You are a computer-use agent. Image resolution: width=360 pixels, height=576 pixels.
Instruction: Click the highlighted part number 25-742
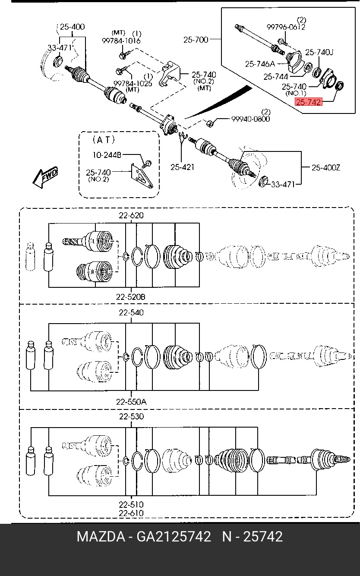pyautogui.click(x=308, y=103)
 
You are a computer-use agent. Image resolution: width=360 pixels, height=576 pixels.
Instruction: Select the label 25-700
pyautogui.click(x=196, y=40)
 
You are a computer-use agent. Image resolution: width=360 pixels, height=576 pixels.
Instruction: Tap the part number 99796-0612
pyautogui.click(x=286, y=27)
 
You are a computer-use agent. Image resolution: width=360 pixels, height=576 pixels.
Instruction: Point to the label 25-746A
pyautogui.click(x=260, y=64)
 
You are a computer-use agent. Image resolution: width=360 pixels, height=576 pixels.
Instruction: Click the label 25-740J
pyautogui.click(x=319, y=53)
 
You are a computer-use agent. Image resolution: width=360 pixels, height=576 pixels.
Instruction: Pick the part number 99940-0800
pyautogui.click(x=250, y=119)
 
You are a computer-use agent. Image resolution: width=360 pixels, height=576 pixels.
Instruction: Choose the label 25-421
pyautogui.click(x=182, y=167)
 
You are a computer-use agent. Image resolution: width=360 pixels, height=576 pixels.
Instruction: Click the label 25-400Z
pyautogui.click(x=326, y=167)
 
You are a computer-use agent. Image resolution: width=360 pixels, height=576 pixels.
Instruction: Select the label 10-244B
pyautogui.click(x=107, y=154)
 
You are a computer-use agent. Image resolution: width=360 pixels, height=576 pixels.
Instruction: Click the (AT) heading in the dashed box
pyautogui.click(x=104, y=139)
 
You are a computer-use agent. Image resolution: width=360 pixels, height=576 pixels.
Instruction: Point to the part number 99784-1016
pyautogui.click(x=121, y=41)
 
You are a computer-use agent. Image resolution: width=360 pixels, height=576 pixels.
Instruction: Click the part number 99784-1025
pyautogui.click(x=133, y=83)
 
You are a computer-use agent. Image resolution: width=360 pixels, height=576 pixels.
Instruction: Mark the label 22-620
pyautogui.click(x=131, y=216)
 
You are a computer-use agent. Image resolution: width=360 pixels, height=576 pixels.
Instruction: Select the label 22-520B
pyautogui.click(x=130, y=297)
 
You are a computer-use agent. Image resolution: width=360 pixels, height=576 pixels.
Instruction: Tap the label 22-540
pyautogui.click(x=131, y=313)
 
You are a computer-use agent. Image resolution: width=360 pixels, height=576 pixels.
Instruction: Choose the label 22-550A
pyautogui.click(x=131, y=401)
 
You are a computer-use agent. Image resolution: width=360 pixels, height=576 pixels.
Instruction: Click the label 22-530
pyautogui.click(x=131, y=417)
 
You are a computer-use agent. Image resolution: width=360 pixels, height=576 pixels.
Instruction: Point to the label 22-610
pyautogui.click(x=131, y=513)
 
